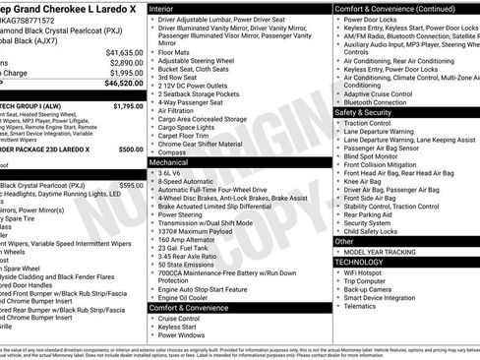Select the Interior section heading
pyautogui.click(x=168, y=8)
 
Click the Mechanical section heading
pyautogui.click(x=175, y=160)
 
